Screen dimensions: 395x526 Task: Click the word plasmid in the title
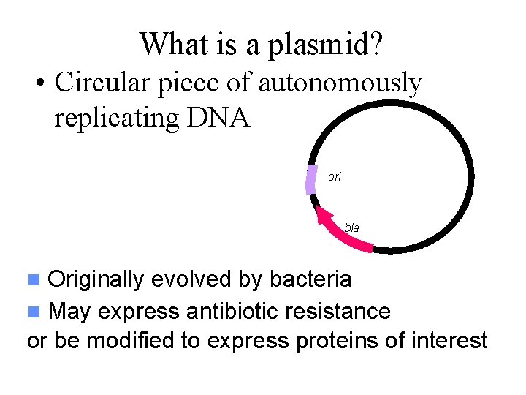[x=325, y=45]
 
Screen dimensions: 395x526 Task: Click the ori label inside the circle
[x=335, y=177]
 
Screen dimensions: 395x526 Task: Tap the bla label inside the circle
[x=351, y=228]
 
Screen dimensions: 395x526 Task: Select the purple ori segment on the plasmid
[x=310, y=179]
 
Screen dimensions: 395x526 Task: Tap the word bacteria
[x=310, y=279]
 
